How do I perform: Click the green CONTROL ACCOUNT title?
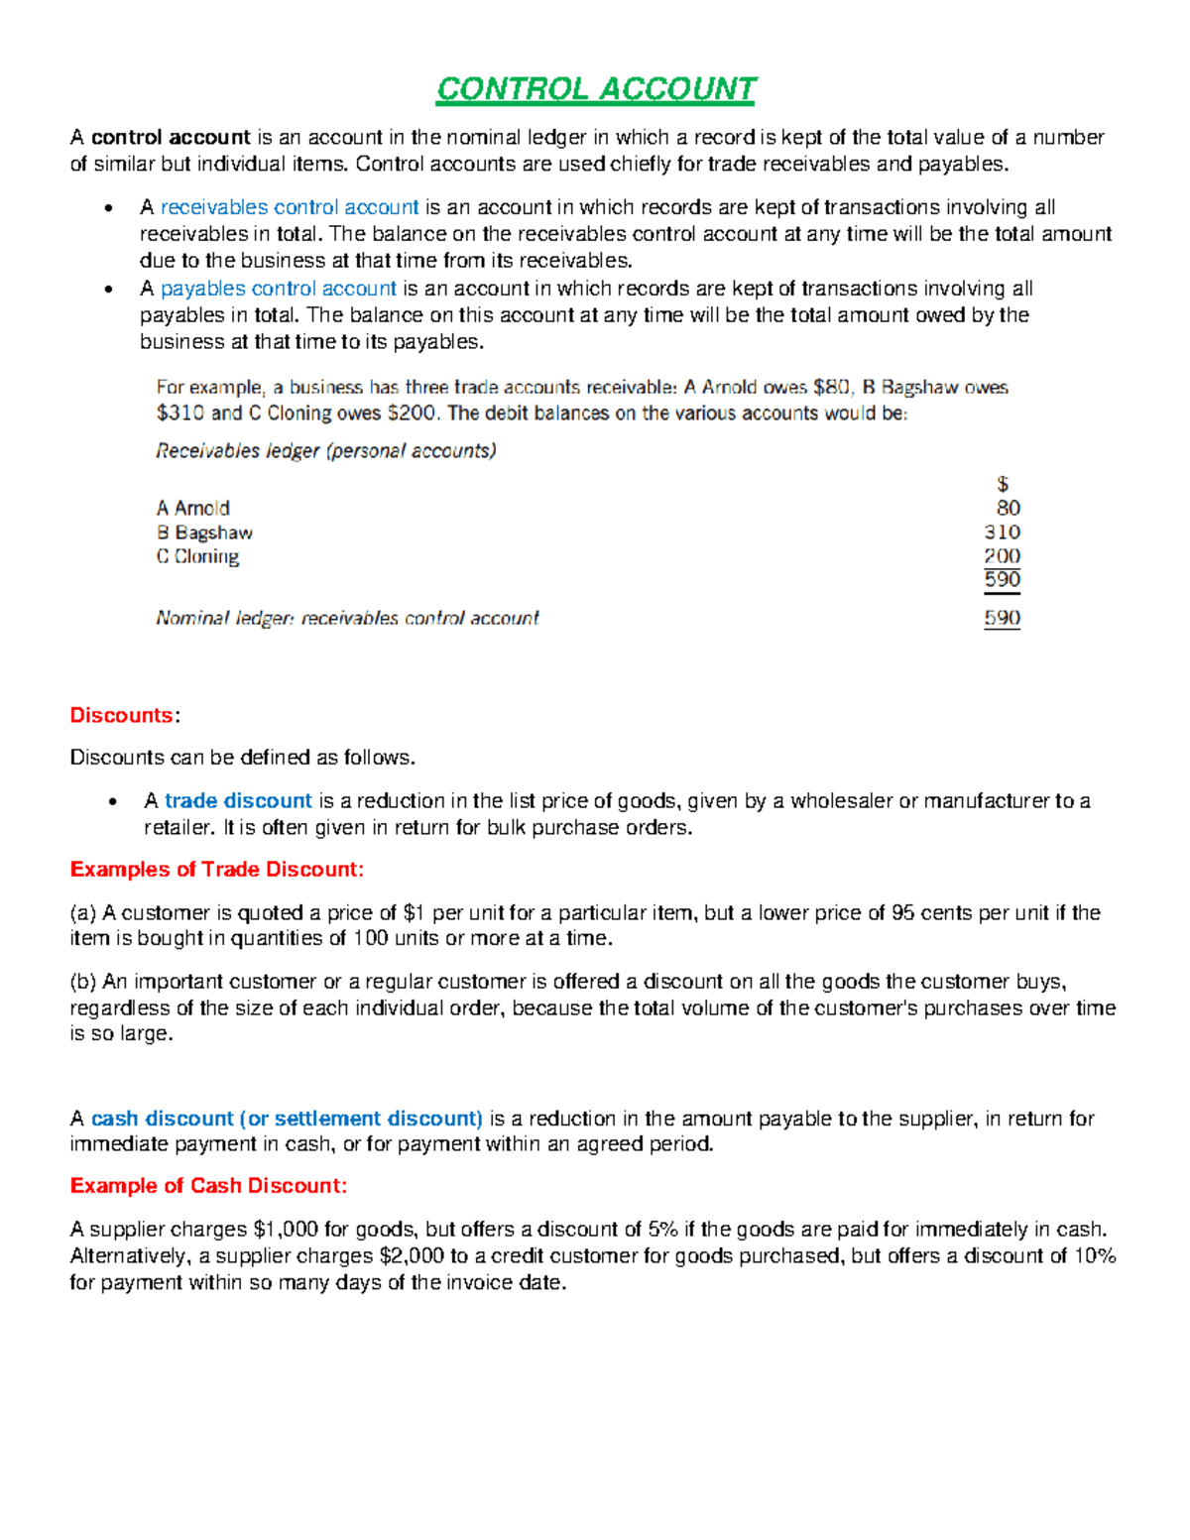(596, 89)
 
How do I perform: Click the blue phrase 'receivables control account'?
(290, 207)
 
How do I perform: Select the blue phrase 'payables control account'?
(279, 289)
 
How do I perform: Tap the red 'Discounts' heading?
(121, 715)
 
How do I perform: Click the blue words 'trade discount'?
(238, 800)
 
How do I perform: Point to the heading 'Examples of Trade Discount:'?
(217, 870)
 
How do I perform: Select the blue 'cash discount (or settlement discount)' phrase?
(287, 1119)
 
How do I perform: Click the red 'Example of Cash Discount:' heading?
(208, 1186)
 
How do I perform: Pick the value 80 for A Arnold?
(1008, 508)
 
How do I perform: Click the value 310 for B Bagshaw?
(1002, 533)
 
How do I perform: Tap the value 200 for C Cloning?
(1002, 556)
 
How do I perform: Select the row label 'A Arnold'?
(193, 509)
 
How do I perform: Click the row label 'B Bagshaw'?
(204, 533)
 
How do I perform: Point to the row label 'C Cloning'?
(197, 557)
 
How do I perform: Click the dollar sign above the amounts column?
(1003, 484)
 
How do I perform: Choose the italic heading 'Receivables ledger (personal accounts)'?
(326, 451)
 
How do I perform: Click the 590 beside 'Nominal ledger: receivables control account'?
(1002, 618)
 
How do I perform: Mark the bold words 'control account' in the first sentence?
(171, 137)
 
